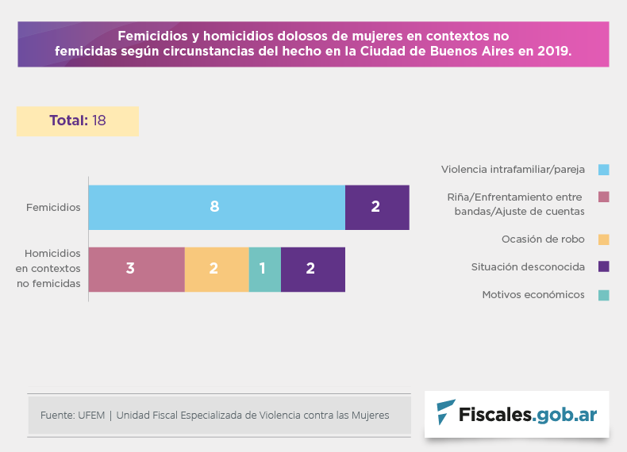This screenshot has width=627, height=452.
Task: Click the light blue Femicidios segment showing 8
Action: (x=216, y=207)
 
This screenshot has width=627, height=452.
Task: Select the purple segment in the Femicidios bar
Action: (x=377, y=207)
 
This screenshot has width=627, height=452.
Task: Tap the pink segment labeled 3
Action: (x=137, y=269)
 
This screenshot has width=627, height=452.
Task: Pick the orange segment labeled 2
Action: (x=217, y=269)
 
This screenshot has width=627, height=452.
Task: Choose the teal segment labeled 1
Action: (x=264, y=269)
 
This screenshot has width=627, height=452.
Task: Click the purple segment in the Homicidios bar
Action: (x=313, y=269)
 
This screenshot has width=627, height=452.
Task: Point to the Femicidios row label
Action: (x=53, y=208)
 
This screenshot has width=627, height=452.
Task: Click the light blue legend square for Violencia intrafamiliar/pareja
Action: (x=603, y=170)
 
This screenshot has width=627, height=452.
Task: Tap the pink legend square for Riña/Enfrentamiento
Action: (x=603, y=197)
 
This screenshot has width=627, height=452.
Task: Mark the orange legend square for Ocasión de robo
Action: (x=603, y=239)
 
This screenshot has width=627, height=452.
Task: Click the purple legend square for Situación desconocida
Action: (x=603, y=266)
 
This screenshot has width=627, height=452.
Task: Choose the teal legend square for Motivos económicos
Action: (x=603, y=295)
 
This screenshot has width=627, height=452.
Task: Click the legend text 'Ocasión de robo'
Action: (x=543, y=239)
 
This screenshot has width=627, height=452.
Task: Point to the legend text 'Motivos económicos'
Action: (x=533, y=295)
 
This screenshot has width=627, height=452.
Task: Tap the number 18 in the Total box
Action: (x=99, y=121)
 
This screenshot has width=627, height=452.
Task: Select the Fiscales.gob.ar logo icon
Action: (x=446, y=413)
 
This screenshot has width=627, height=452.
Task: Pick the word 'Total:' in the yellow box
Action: (x=68, y=121)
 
